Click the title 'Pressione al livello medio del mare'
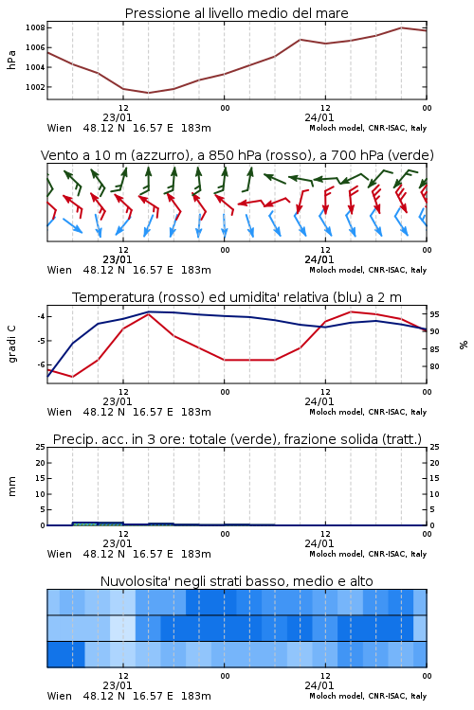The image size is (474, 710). click(236, 13)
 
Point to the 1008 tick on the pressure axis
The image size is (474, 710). click(35, 27)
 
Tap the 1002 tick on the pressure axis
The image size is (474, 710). click(35, 87)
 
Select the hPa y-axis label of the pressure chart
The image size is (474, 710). click(11, 60)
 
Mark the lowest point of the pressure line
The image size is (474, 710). click(148, 93)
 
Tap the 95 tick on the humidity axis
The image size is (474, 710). click(434, 313)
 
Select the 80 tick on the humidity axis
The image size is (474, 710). click(434, 366)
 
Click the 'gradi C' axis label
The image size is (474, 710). click(11, 345)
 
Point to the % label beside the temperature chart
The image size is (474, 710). click(464, 345)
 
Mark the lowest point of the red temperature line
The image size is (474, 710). click(73, 377)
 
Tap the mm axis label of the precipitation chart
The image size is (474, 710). click(11, 487)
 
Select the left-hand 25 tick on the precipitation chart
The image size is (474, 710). click(40, 447)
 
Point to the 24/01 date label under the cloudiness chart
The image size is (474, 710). click(319, 685)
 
